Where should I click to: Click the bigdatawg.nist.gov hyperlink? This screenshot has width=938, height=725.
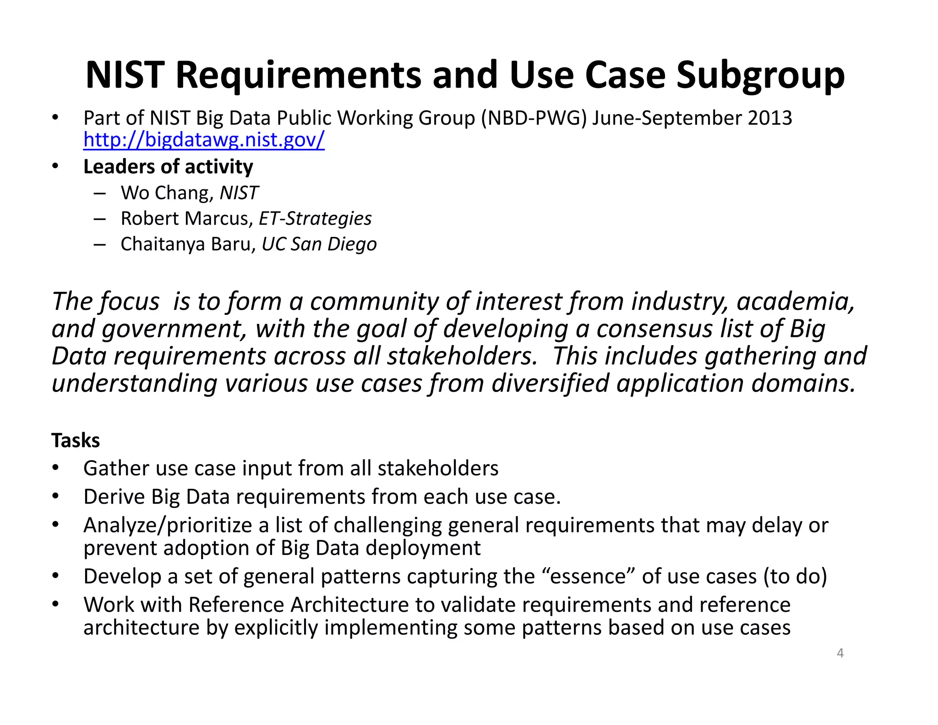[204, 140]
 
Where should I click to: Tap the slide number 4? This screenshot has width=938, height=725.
[840, 653]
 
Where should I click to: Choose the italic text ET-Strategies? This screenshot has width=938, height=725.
[315, 219]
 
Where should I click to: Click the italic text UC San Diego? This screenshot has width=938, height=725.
[319, 244]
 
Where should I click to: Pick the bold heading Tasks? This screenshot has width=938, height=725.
[76, 440]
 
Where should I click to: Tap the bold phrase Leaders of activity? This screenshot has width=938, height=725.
[168, 167]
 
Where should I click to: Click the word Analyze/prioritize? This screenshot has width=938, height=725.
[168, 525]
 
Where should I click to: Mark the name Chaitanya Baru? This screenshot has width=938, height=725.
[185, 244]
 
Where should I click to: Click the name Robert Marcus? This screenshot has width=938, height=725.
[185, 219]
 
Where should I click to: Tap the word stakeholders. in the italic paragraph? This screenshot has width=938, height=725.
[462, 356]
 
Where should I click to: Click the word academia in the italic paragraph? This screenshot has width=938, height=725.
[795, 302]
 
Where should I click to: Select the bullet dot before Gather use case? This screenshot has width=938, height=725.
[55, 468]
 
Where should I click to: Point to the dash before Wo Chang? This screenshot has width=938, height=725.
[99, 193]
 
